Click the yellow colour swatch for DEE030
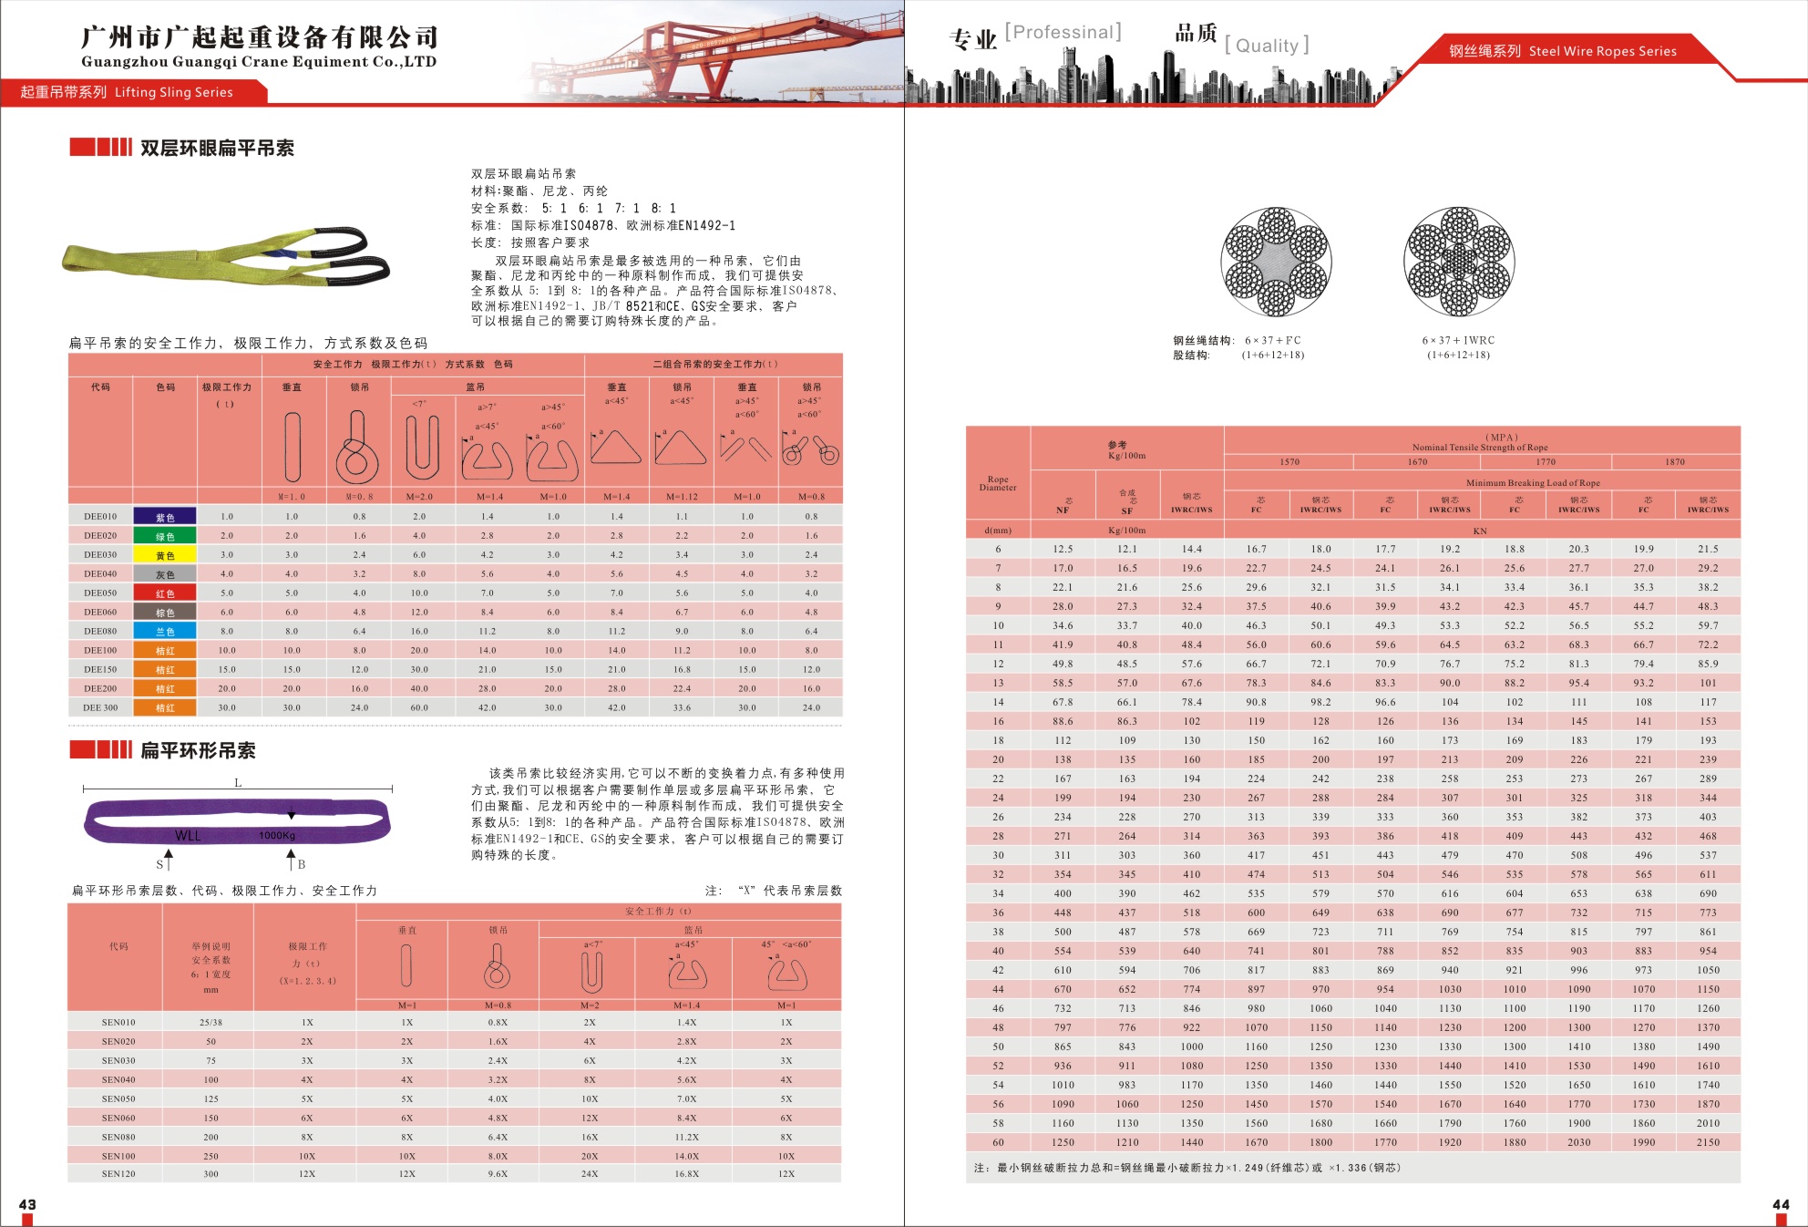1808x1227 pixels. pyautogui.click(x=165, y=554)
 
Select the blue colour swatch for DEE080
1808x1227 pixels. pyautogui.click(x=165, y=631)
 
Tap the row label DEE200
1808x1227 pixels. pyautogui.click(x=100, y=688)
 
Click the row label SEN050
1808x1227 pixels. pyautogui.click(x=118, y=1098)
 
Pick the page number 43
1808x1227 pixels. pyautogui.click(x=27, y=1204)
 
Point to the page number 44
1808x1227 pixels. pyautogui.click(x=1780, y=1204)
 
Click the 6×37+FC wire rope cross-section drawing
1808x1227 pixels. pyautogui.click(x=1276, y=262)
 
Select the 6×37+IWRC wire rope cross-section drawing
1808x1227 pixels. pyautogui.click(x=1459, y=262)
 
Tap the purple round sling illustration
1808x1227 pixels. pyautogui.click(x=237, y=821)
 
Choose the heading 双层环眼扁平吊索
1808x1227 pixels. pyautogui.click(x=217, y=149)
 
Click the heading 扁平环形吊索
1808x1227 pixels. pyautogui.click(x=198, y=750)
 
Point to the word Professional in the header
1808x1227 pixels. pyautogui.click(x=1063, y=33)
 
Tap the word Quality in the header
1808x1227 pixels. pyautogui.click(x=1267, y=46)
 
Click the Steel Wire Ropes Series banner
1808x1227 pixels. pyautogui.click(x=1562, y=51)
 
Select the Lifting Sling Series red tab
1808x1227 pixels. pyautogui.click(x=128, y=92)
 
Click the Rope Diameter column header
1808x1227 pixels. pyautogui.click(x=998, y=483)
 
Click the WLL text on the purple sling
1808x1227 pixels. pyautogui.click(x=188, y=836)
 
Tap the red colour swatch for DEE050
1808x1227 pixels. pyautogui.click(x=165, y=593)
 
